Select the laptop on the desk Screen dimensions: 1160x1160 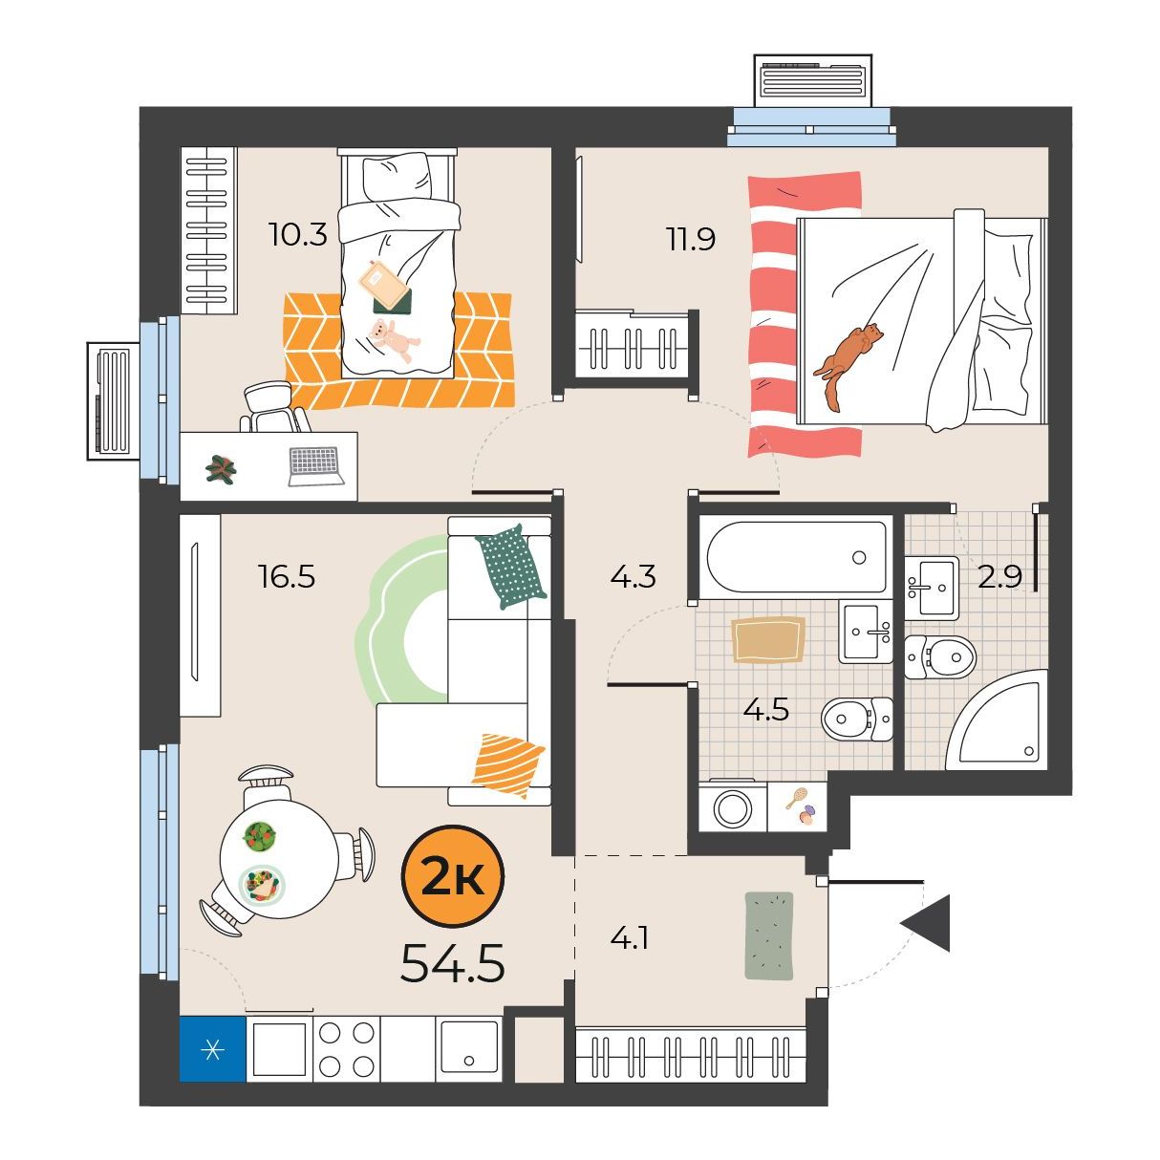click(x=315, y=466)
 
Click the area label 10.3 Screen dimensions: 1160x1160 click(x=298, y=234)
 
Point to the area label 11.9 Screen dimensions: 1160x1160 click(x=691, y=239)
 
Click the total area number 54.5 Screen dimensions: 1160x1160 click(x=452, y=964)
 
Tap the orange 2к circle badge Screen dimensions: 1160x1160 click(x=453, y=876)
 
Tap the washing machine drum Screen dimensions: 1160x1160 click(x=733, y=808)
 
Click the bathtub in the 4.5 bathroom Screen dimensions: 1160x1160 click(x=796, y=557)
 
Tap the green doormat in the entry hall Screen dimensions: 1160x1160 click(x=769, y=936)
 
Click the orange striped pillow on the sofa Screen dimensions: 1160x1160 click(x=508, y=765)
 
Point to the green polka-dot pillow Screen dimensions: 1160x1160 click(x=511, y=566)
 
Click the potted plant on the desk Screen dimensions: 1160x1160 click(x=221, y=468)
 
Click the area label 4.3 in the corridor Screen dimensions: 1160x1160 click(x=633, y=576)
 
